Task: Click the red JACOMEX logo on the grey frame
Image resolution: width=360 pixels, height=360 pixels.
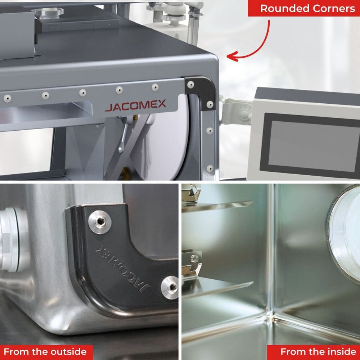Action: (135, 105)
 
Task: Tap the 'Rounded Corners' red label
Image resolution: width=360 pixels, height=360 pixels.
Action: (304, 9)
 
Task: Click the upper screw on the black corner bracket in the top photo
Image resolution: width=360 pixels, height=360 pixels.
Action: (190, 85)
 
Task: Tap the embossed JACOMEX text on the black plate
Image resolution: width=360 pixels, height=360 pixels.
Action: (123, 269)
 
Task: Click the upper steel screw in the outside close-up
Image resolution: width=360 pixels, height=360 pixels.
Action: (100, 222)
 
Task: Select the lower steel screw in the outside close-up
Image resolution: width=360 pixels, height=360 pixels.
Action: (170, 287)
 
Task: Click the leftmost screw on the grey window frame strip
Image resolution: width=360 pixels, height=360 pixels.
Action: (7, 99)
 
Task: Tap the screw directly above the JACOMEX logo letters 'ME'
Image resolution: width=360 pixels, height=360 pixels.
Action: (155, 87)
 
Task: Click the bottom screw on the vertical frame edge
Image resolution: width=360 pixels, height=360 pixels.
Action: (210, 168)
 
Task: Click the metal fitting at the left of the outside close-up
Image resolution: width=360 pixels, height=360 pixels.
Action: (13, 239)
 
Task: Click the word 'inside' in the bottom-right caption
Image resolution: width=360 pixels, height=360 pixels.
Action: (342, 351)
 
